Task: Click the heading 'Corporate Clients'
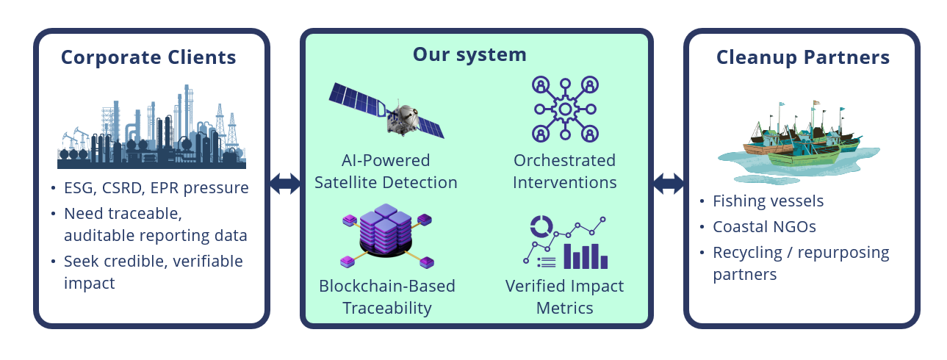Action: coord(148,58)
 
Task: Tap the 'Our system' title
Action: coord(469,54)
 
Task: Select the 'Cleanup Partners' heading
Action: coord(803,58)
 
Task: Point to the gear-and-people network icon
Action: coord(564,109)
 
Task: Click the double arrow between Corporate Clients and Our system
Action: coord(284,184)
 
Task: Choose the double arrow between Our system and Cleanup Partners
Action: coord(669,184)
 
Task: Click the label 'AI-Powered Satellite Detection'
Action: coord(386,171)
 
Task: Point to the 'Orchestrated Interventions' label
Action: coord(564,171)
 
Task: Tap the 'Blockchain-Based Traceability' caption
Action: coord(386,297)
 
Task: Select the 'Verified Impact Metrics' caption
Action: coord(564,297)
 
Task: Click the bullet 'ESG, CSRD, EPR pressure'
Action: coord(156,188)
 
